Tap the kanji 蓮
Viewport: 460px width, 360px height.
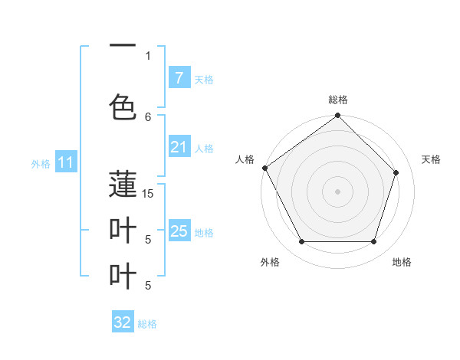[x=123, y=184]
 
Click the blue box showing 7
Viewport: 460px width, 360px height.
[x=179, y=78]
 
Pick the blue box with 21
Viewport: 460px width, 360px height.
[x=179, y=147]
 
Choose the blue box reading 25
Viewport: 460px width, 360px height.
[x=179, y=231]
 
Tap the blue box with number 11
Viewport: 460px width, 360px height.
[x=65, y=162]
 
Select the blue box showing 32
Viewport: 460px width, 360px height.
[x=123, y=322]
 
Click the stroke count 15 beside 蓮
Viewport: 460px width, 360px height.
[x=148, y=194]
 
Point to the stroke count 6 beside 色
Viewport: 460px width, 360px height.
[x=148, y=116]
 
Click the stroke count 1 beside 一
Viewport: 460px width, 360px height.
[x=148, y=55]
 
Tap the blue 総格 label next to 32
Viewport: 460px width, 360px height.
[x=147, y=324]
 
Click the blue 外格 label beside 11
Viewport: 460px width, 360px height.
[x=40, y=163]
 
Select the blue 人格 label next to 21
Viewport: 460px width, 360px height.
[x=204, y=148]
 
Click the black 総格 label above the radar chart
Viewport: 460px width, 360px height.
[x=338, y=100]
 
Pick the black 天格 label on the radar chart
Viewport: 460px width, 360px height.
[x=431, y=159]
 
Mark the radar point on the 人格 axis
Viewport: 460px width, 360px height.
[x=265, y=168]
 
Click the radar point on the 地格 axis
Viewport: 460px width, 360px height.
[x=373, y=242]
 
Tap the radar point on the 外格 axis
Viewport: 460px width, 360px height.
[x=301, y=242]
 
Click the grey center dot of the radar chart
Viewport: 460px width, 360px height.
[x=337, y=191]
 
